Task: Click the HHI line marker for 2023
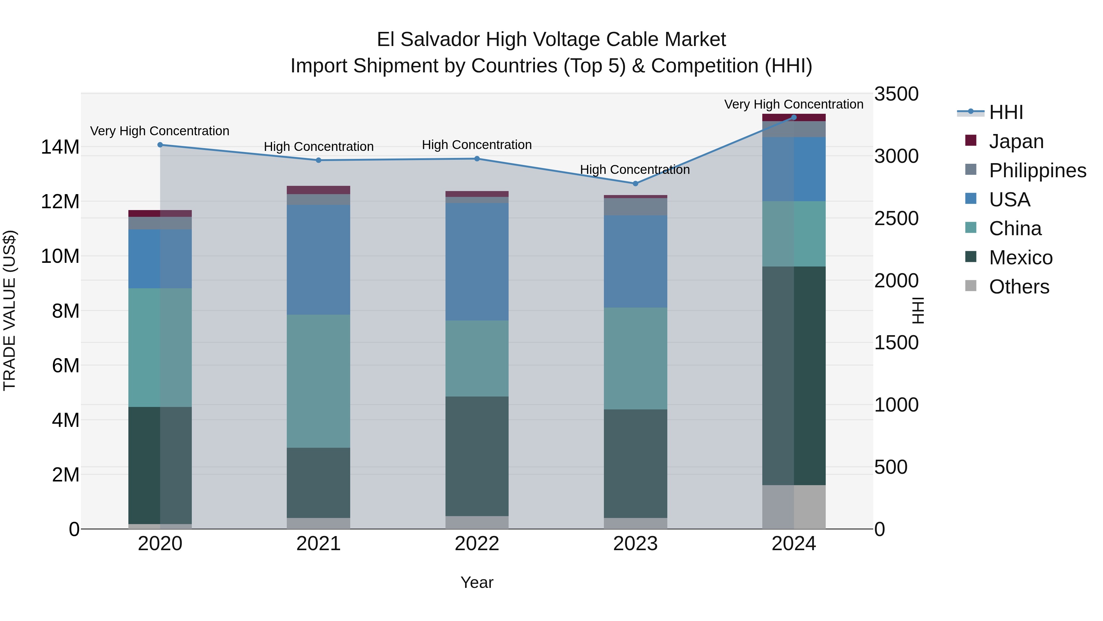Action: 635,183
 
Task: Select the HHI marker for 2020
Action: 160,145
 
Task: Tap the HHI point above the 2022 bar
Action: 477,159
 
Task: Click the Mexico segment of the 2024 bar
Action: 794,376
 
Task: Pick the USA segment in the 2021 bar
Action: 319,260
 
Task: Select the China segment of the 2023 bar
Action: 635,358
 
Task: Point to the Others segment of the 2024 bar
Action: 794,507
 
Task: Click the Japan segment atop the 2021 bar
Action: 319,190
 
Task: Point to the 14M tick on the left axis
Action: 60,147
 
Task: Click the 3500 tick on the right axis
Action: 896,94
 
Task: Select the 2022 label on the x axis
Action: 477,544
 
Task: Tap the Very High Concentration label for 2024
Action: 794,104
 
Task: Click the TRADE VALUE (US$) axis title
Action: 9,310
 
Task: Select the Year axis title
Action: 477,582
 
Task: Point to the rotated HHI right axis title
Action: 918,310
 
